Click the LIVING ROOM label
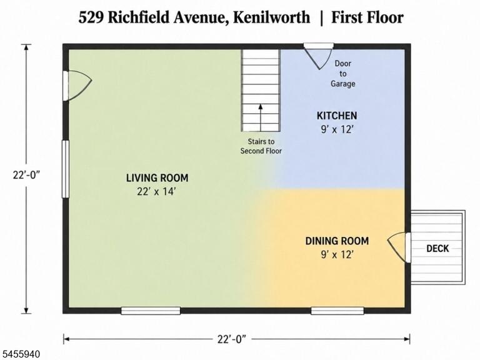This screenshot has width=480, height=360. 157,178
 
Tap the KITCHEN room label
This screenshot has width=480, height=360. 337,116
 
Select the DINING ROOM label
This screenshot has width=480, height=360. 337,241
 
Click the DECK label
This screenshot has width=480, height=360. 437,248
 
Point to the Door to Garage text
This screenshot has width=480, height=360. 343,74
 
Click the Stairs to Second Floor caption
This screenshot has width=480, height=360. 261,146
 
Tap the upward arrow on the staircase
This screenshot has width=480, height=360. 261,117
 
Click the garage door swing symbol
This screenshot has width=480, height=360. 319,57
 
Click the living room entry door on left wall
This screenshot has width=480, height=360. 77,86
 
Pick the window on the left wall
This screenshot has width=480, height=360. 66,169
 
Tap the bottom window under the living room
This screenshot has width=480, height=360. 151,311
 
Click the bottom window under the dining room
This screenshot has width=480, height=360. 337,311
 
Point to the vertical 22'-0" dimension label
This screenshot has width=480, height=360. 27,175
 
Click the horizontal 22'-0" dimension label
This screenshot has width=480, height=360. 232,339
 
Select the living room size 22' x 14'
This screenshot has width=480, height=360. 156,192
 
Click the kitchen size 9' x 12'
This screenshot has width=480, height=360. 337,129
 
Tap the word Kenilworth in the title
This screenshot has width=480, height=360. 271,17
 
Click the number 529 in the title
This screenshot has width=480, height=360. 91,17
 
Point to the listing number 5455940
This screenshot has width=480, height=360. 20,354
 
